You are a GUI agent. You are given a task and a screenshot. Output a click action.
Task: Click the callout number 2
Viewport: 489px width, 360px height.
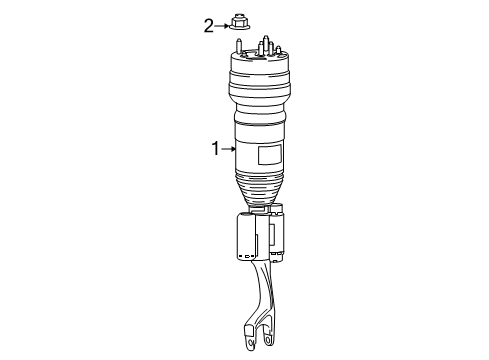point(209,26)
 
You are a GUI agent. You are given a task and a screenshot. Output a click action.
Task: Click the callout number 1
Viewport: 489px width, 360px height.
point(216,149)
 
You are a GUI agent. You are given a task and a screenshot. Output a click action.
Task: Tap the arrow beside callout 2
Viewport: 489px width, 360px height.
point(222,26)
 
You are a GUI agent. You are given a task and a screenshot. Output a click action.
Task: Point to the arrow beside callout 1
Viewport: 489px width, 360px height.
point(229,149)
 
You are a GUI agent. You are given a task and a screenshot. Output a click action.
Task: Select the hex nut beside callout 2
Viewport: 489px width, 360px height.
point(238,22)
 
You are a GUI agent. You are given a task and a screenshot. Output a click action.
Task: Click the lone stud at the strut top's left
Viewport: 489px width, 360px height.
point(239,46)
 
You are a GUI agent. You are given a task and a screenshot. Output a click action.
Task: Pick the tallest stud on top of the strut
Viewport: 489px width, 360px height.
point(266,45)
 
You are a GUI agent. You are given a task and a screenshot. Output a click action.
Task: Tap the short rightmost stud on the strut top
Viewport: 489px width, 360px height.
point(278,50)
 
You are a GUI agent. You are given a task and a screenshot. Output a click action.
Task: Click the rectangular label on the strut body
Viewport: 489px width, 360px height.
point(270,155)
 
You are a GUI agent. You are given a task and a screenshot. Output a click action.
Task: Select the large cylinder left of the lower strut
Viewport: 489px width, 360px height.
point(246,237)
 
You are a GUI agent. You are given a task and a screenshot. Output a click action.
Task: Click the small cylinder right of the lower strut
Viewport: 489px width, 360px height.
point(277,233)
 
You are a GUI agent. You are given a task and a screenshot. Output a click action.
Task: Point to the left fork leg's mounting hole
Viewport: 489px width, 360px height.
point(250,343)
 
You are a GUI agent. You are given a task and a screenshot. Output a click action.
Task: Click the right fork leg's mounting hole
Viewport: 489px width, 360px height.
point(268,340)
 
